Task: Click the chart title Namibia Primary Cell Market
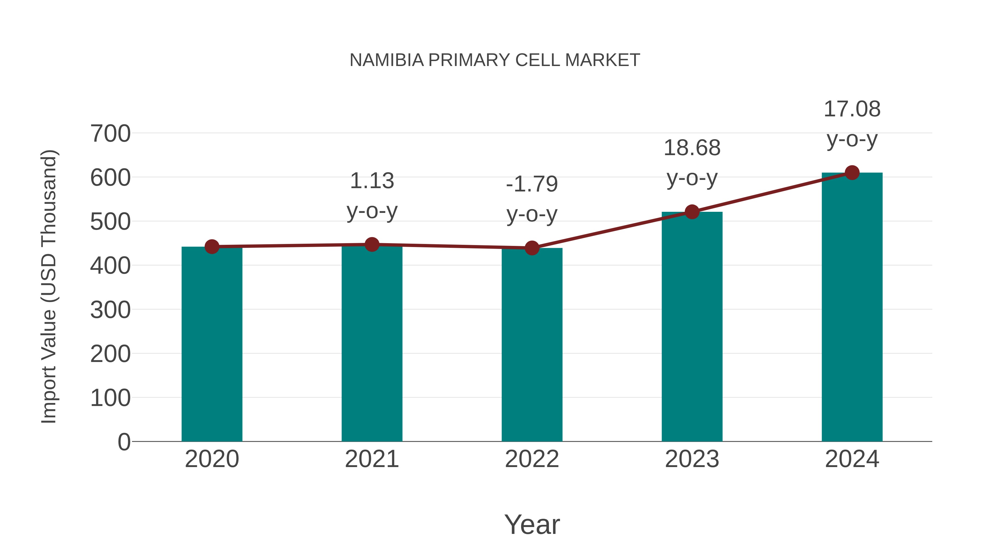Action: click(495, 60)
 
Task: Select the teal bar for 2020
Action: click(212, 346)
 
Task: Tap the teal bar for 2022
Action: click(532, 346)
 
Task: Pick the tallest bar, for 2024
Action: click(852, 308)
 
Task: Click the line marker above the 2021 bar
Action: click(372, 245)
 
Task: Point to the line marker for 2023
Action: click(692, 212)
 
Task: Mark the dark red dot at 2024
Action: click(852, 172)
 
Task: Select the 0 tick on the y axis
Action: click(124, 442)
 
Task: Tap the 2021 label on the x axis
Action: click(372, 459)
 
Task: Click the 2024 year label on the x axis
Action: click(852, 459)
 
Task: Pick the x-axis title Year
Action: click(532, 524)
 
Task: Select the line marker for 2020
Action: click(212, 247)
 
